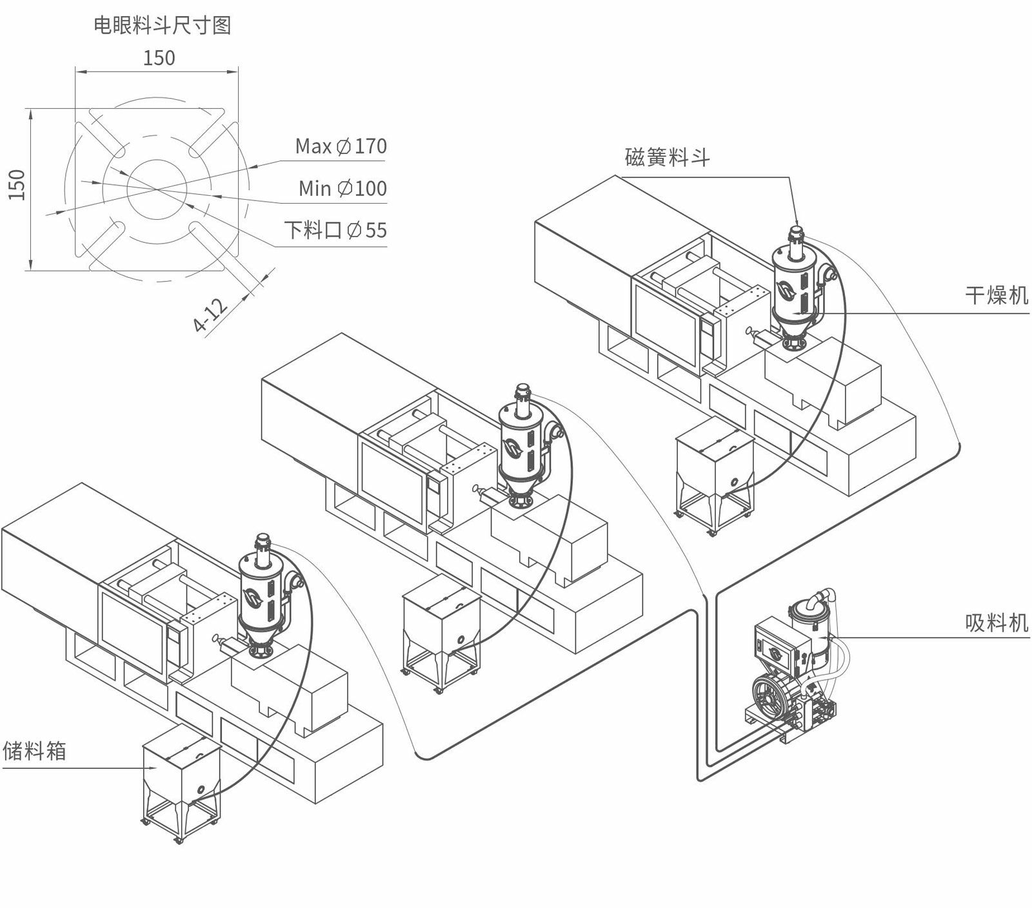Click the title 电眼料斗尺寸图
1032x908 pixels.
[163, 25]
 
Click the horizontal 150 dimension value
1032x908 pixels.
[159, 58]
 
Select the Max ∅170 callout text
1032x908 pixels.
[341, 146]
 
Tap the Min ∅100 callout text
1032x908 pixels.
[342, 188]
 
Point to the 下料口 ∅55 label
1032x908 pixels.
[335, 230]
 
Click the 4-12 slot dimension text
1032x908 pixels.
[211, 315]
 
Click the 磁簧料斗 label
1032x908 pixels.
[667, 157]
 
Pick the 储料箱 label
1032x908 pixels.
[35, 751]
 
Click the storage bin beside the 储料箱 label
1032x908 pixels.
[181, 783]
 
